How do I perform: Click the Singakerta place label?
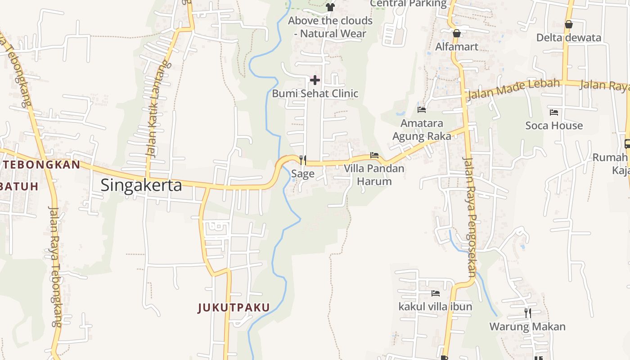pos(141,185)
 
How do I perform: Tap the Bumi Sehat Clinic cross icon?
pos(315,81)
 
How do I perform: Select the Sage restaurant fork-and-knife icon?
pos(303,160)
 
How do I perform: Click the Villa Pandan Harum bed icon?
pos(374,156)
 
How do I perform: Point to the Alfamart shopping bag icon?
pos(457,33)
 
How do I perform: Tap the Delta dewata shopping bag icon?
pos(569,24)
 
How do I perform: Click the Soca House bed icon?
pos(554,112)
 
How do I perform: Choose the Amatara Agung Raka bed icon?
pos(422,109)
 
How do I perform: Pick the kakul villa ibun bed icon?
pos(436,293)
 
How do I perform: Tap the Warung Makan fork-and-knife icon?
pos(527,313)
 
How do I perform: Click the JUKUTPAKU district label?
pos(234,308)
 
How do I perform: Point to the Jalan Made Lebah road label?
pos(514,89)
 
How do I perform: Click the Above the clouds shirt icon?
pos(330,7)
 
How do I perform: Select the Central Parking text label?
pos(408,4)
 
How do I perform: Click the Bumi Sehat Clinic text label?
pos(315,94)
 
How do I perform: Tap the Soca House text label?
pos(554,126)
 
